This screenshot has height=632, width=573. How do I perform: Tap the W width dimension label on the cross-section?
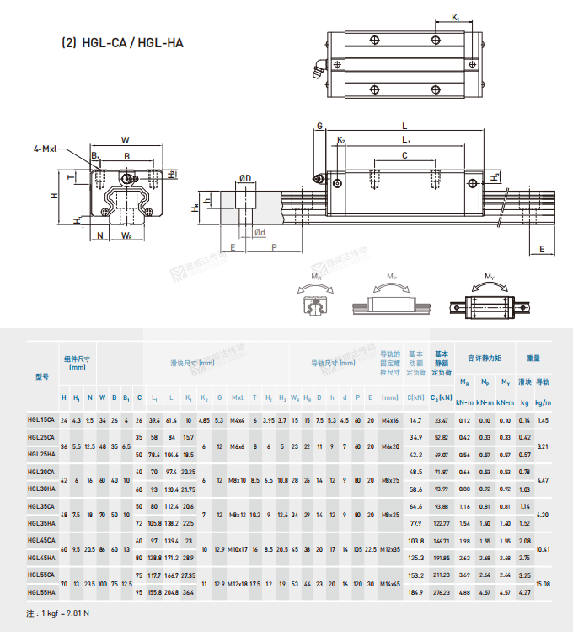[x=125, y=139]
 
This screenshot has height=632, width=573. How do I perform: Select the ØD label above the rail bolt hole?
[x=245, y=178]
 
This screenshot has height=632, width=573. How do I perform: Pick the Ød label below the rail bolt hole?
[x=260, y=232]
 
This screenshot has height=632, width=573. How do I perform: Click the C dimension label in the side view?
[x=404, y=156]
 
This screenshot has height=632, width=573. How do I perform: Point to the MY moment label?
[x=490, y=276]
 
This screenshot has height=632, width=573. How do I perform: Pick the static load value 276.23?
[x=441, y=593]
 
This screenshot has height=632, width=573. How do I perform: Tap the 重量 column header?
[x=533, y=358]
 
